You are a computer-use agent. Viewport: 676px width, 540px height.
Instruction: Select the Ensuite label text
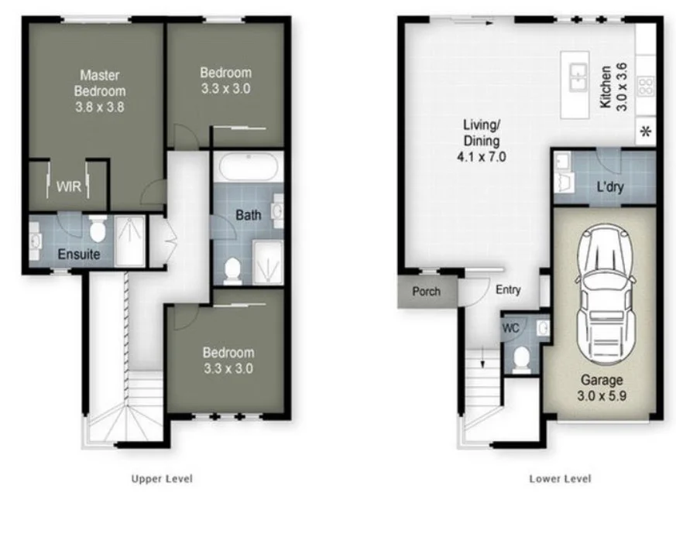click(77, 255)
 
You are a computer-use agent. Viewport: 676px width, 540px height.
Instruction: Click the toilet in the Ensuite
click(98, 229)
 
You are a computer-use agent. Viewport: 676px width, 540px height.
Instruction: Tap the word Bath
click(249, 215)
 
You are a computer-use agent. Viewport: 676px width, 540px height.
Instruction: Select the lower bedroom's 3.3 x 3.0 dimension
click(228, 368)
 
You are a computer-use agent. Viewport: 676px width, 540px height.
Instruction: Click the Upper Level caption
click(162, 479)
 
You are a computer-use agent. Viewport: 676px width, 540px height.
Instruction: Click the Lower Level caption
click(560, 479)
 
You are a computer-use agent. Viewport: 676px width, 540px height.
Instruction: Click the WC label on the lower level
click(510, 328)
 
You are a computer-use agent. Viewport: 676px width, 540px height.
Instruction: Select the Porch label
click(426, 292)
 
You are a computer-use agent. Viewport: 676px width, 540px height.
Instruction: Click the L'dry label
click(611, 186)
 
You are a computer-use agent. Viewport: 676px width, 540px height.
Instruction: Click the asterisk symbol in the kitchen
click(647, 132)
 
